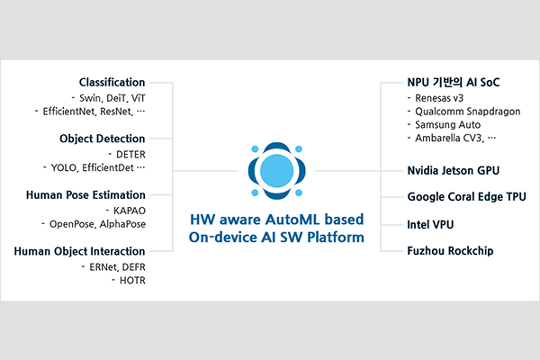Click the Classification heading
[112, 82]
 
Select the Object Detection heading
[102, 139]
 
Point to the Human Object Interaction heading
[79, 251]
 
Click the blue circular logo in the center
[269, 170]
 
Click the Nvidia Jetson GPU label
[453, 168]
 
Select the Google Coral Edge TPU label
[466, 196]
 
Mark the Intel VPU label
[430, 223]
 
